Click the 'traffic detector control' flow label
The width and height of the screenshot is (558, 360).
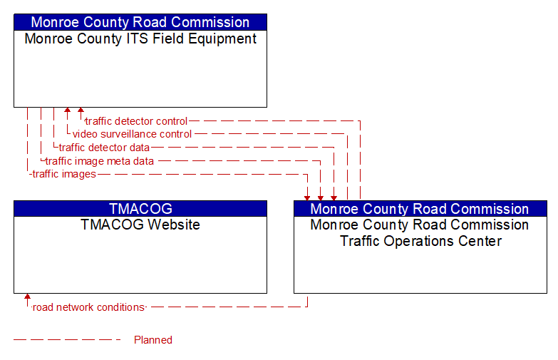click(x=136, y=121)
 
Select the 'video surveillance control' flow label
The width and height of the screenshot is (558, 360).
click(x=132, y=134)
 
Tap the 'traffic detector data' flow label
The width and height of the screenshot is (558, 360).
click(x=104, y=148)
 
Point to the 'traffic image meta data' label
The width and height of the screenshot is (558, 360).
click(x=100, y=161)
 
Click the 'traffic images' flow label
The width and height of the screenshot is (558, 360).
click(x=64, y=174)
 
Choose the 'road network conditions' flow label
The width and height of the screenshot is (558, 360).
click(x=88, y=307)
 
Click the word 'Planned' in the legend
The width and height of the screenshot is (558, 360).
click(x=153, y=340)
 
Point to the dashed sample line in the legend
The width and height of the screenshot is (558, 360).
click(x=67, y=340)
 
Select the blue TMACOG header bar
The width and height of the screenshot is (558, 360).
click(x=140, y=209)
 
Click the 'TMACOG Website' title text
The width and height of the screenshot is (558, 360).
click(x=140, y=225)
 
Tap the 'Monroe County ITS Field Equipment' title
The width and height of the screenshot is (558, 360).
click(x=140, y=38)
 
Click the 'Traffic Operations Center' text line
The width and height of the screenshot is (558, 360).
click(x=420, y=241)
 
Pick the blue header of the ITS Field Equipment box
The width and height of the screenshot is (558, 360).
click(x=140, y=22)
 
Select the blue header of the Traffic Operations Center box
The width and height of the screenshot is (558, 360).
click(x=420, y=209)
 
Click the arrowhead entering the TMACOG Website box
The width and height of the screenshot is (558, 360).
click(x=27, y=297)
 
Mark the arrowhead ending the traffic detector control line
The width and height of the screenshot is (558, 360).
click(x=81, y=110)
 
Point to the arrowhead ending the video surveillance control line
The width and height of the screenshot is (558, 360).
click(x=67, y=110)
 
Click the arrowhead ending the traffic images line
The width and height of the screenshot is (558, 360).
click(x=307, y=198)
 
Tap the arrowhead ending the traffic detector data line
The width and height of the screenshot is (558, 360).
click(x=334, y=198)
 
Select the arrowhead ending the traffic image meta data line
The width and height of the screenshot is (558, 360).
click(x=321, y=198)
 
